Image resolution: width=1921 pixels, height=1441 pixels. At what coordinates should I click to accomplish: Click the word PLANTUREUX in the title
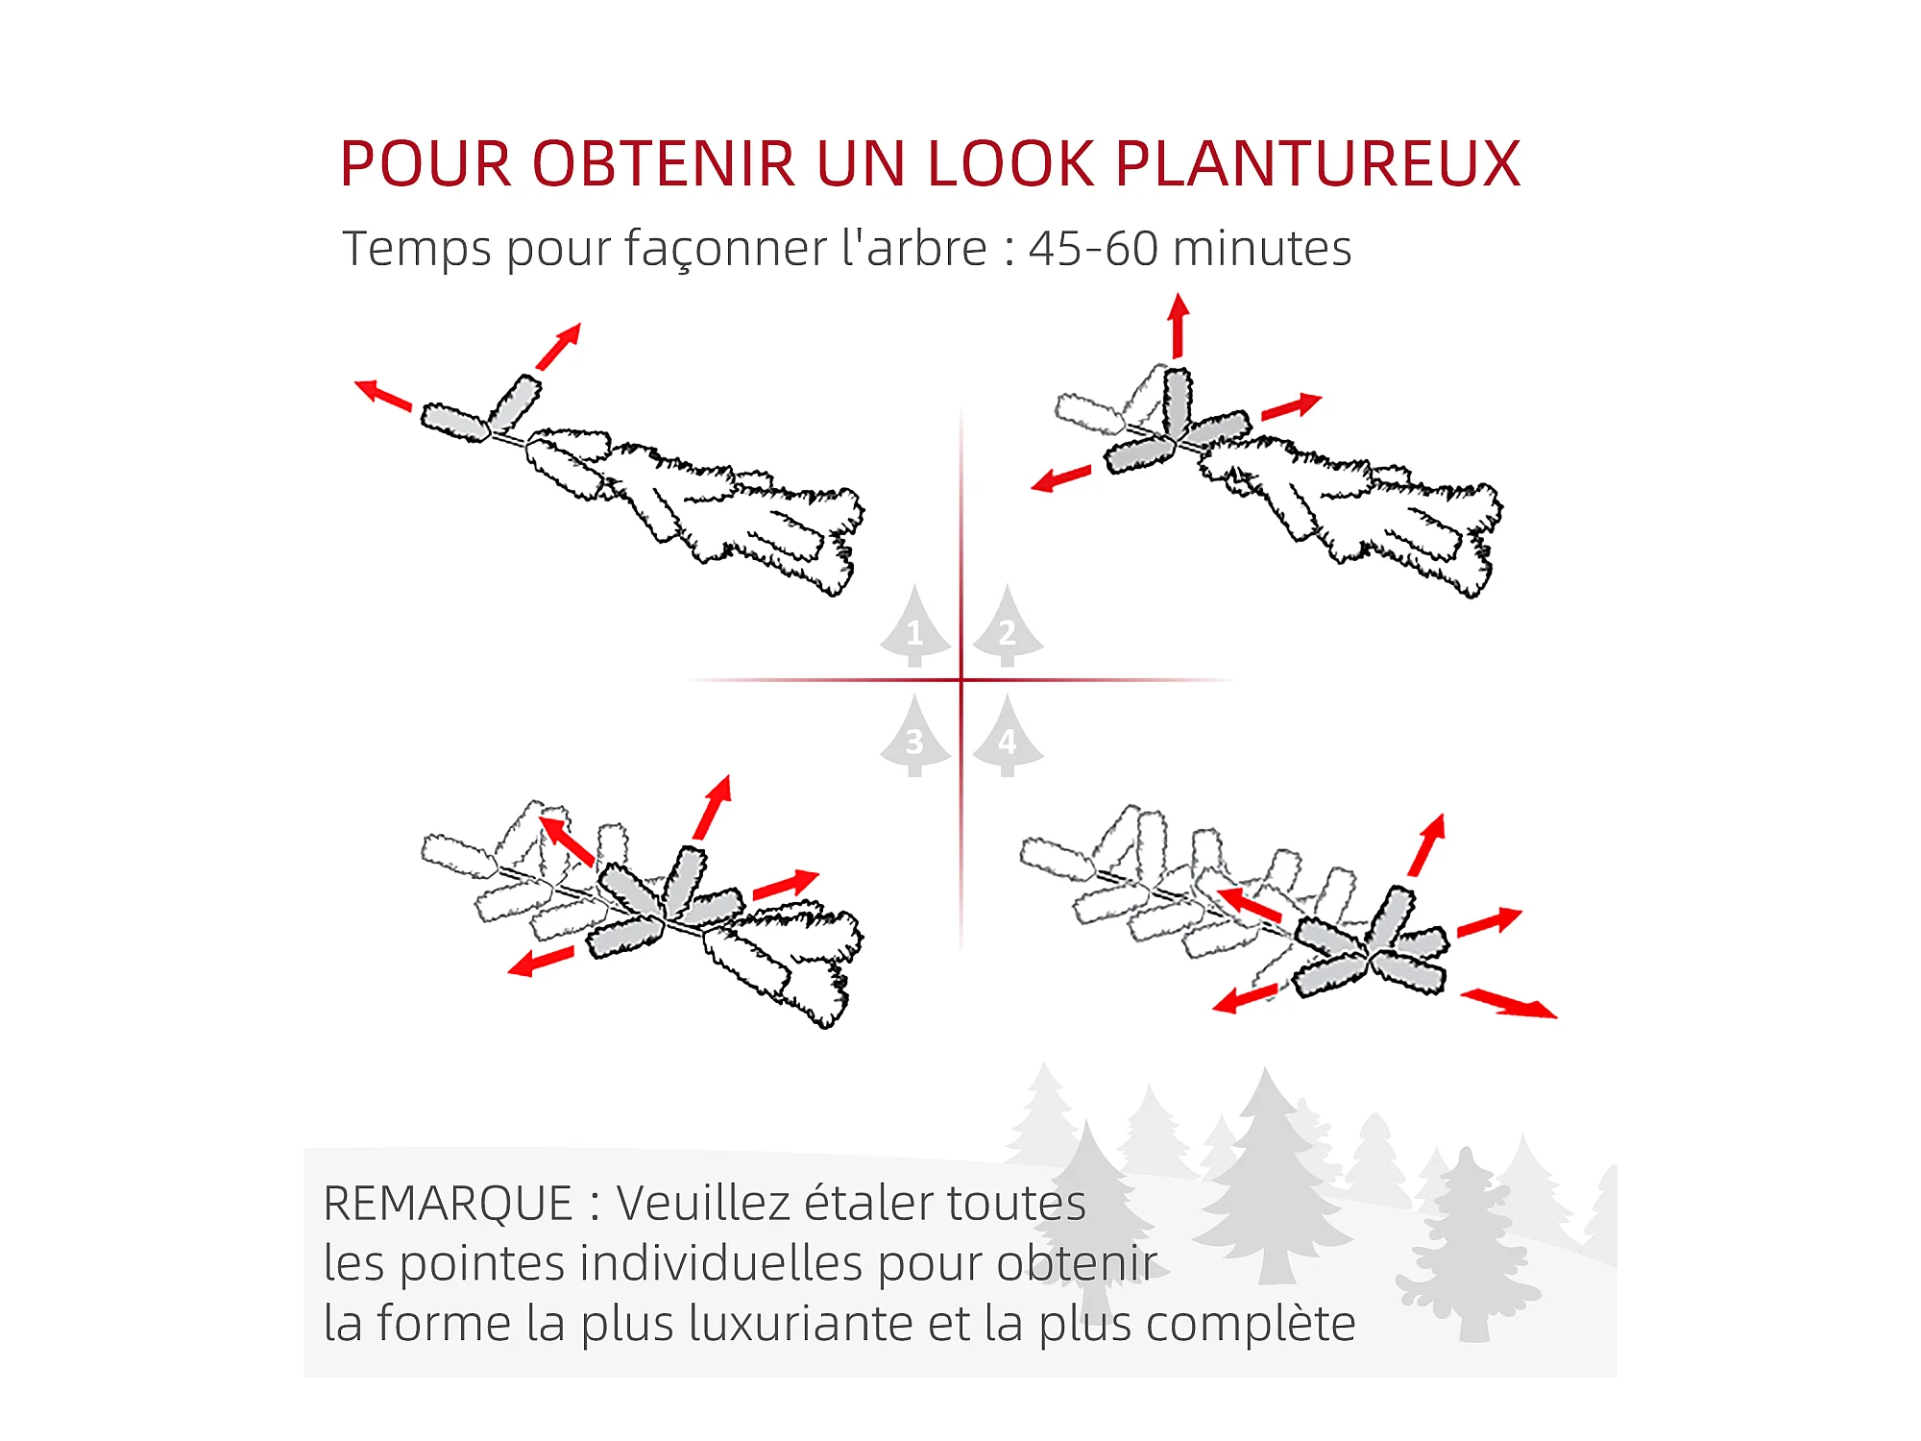click(1318, 163)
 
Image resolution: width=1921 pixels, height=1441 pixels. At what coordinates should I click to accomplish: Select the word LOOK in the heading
click(1010, 163)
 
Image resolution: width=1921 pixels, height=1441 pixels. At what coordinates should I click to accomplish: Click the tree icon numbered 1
click(915, 625)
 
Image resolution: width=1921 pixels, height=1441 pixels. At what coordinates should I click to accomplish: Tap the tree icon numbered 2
click(1008, 625)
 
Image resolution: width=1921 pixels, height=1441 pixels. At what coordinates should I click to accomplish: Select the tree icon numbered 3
click(915, 736)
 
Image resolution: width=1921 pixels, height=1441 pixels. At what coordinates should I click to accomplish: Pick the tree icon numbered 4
click(1008, 736)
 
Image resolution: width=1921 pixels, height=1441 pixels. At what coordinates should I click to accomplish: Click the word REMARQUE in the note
click(449, 1204)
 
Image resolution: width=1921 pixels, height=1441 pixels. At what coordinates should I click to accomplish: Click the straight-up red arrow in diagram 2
click(1179, 327)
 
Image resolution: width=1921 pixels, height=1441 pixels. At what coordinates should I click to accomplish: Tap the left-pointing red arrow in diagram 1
click(383, 395)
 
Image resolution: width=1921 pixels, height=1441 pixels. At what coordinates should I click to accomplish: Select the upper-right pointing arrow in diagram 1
click(559, 346)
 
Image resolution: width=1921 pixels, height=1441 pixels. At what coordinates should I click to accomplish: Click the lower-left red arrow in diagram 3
click(541, 962)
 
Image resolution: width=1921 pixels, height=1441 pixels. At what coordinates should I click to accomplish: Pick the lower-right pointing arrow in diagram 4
click(1509, 1004)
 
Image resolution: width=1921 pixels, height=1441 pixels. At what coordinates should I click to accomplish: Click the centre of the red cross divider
click(961, 680)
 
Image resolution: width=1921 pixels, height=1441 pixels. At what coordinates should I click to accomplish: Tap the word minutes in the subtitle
click(1262, 248)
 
